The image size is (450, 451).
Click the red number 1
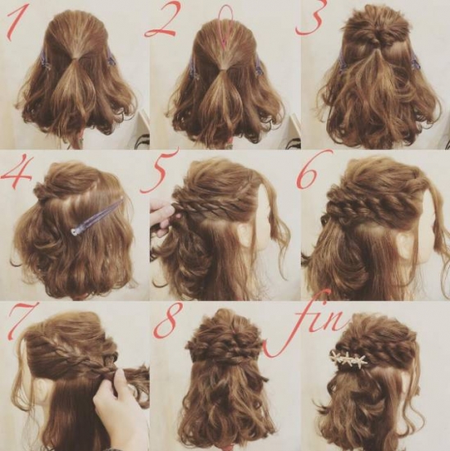tap(18, 22)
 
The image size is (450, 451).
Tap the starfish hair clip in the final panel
tap(348, 358)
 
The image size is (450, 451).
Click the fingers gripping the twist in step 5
tap(163, 214)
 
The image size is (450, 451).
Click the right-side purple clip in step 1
tap(111, 57)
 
